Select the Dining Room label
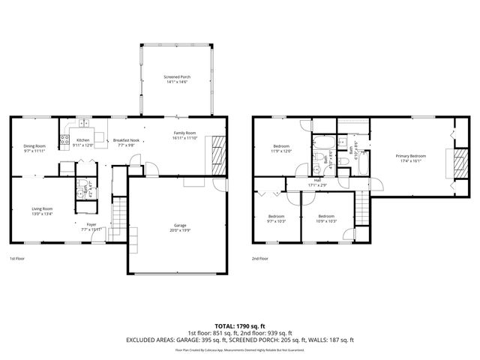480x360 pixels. point(34,145)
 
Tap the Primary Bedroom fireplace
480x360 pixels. point(451,162)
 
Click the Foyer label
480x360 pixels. point(91,223)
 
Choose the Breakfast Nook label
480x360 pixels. point(126,140)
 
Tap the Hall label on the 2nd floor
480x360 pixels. point(317,180)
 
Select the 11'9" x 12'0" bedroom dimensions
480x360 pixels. point(281,151)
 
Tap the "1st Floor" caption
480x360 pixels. point(19,259)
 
